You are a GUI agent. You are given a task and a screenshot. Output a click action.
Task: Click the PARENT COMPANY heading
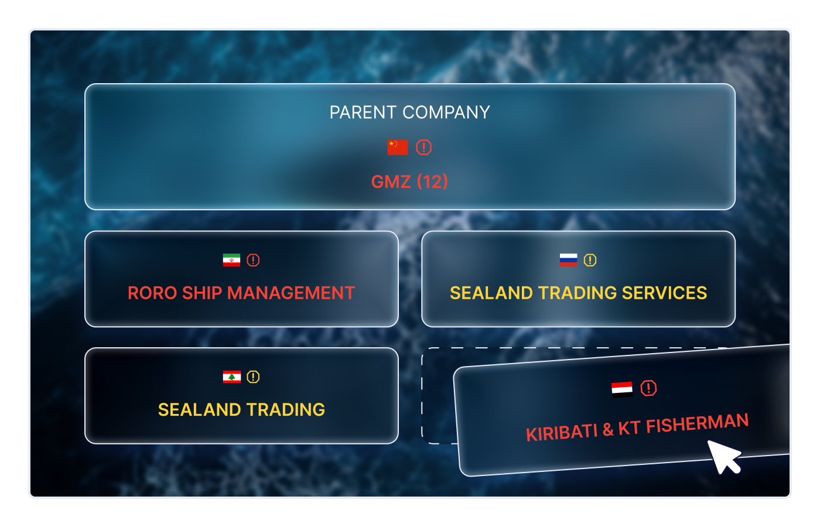pyautogui.click(x=409, y=112)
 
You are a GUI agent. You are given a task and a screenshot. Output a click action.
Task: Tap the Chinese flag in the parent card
pyautogui.click(x=398, y=148)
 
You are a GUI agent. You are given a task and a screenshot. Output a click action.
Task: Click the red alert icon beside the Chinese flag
pyautogui.click(x=423, y=148)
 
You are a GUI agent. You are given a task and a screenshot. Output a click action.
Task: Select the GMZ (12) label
pyautogui.click(x=409, y=182)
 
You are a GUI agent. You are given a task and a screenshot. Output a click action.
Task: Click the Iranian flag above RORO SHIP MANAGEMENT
pyautogui.click(x=231, y=260)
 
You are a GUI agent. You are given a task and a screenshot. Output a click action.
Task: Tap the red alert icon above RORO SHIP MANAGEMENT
pyautogui.click(x=253, y=260)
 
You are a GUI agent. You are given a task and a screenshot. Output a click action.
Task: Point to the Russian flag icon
pyautogui.click(x=568, y=260)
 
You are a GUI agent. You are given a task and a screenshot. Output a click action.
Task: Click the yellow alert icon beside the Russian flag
pyautogui.click(x=590, y=260)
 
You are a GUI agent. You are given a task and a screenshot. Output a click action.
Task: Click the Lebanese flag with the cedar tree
pyautogui.click(x=231, y=377)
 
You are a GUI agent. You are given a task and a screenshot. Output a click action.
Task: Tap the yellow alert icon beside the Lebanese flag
pyautogui.click(x=253, y=377)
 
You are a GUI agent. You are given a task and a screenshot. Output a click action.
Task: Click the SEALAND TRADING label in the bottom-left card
pyautogui.click(x=241, y=409)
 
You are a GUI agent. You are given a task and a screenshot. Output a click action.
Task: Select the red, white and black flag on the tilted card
pyautogui.click(x=622, y=389)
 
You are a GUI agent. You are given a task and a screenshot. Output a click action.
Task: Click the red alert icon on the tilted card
pyautogui.click(x=648, y=388)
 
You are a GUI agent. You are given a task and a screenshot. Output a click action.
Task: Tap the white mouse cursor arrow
pyautogui.click(x=724, y=457)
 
